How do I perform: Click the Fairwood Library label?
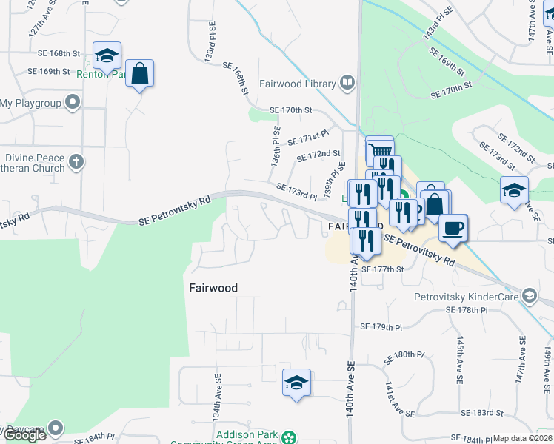(297, 84)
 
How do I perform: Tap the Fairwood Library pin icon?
(347, 83)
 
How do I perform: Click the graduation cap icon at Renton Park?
(107, 55)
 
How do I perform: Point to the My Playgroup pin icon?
(73, 102)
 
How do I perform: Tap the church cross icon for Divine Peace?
(77, 162)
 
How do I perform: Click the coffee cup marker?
(453, 227)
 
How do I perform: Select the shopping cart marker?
(379, 149)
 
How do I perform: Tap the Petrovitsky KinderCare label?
(466, 297)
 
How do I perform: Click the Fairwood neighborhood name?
(213, 288)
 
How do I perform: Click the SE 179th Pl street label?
(381, 326)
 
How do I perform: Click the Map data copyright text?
(522, 438)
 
